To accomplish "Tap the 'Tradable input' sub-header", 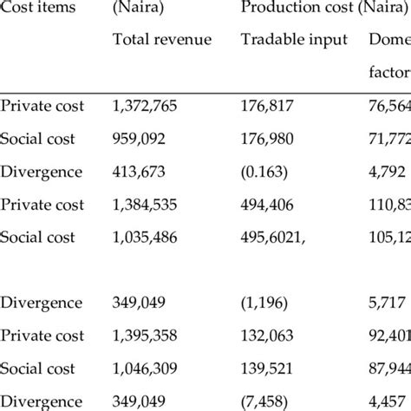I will pyautogui.click(x=294, y=40).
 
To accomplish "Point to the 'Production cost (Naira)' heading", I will pyautogui.click(x=316, y=8).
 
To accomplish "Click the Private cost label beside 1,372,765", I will pyautogui.click(x=42, y=106).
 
